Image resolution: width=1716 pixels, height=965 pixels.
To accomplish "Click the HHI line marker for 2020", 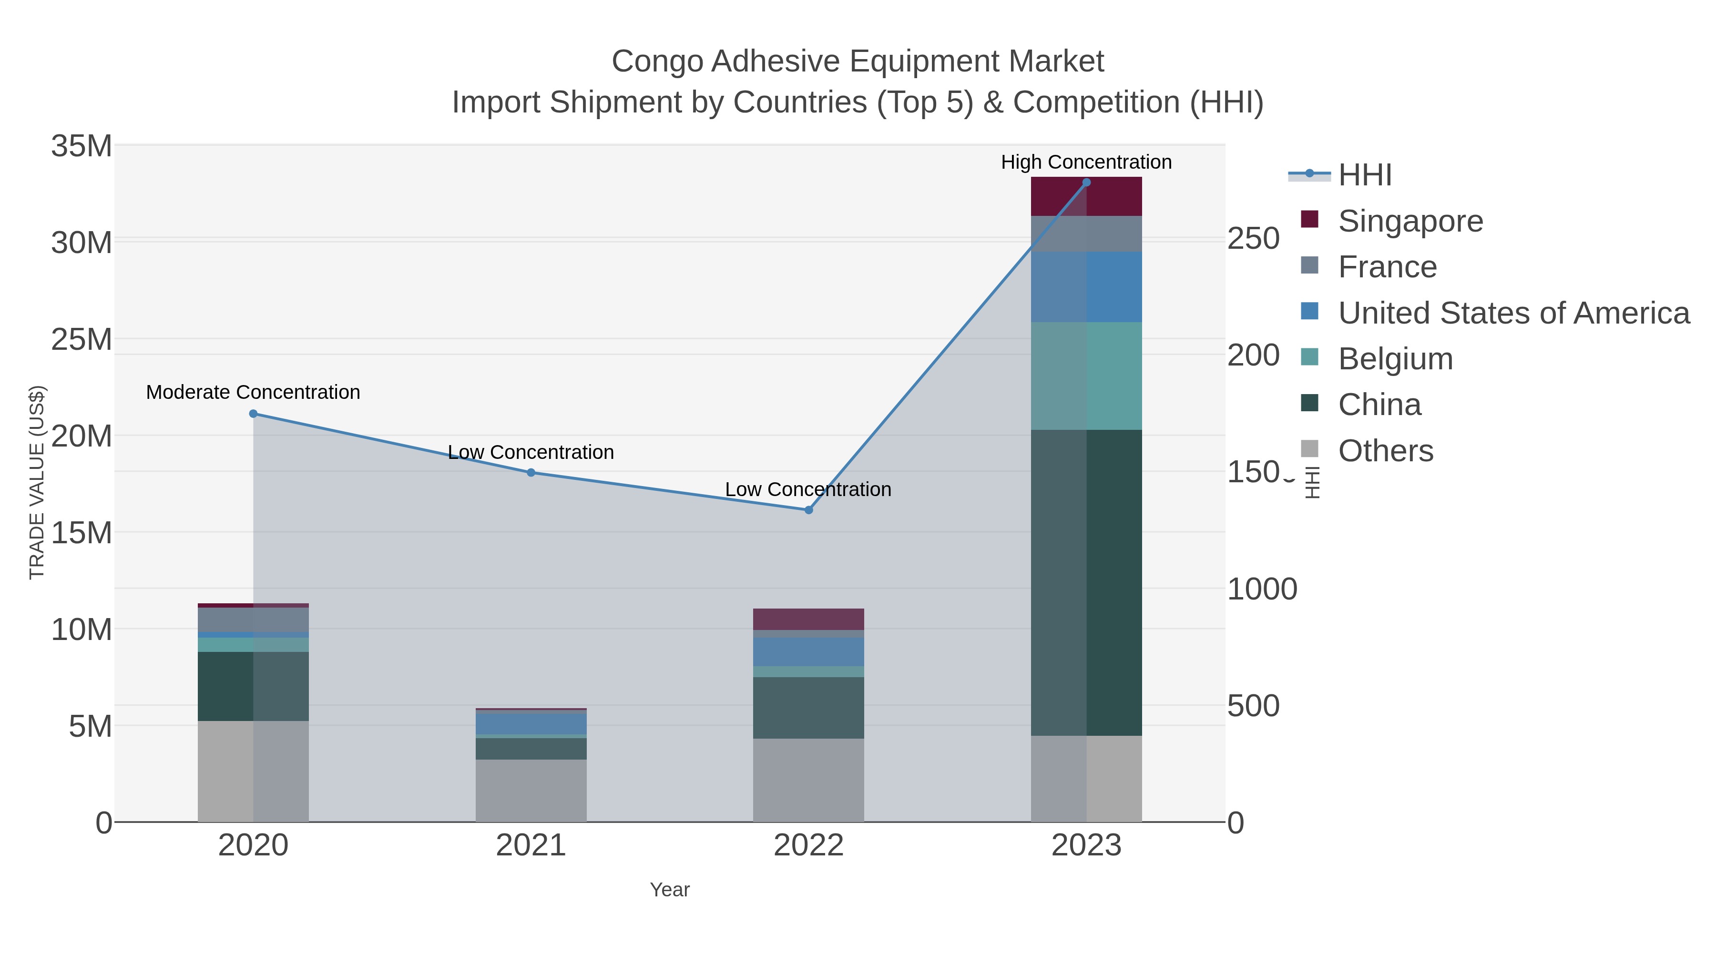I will click(x=253, y=414).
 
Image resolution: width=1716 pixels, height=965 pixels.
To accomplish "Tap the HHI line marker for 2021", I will click(x=531, y=473).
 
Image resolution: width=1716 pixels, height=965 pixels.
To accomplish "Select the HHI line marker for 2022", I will click(x=809, y=510).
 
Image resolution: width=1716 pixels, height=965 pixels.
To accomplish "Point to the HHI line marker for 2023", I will click(x=1086, y=183).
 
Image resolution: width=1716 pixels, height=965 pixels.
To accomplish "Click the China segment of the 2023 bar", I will click(x=1086, y=583).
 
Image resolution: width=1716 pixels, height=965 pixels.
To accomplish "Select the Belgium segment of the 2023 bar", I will click(x=1086, y=376).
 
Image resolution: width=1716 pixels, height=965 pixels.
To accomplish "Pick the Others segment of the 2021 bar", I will click(x=531, y=791).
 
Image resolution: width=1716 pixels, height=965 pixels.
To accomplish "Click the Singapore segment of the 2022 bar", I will click(x=809, y=620).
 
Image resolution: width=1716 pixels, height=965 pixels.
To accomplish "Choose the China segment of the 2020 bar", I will click(x=253, y=686).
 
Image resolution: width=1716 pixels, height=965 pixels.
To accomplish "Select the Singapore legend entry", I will click(x=1410, y=221).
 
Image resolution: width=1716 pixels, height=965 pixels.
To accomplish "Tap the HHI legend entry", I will click(x=1364, y=175).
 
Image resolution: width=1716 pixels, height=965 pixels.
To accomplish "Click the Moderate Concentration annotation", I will click(x=253, y=392).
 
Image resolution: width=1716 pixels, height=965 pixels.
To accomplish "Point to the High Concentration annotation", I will click(x=1086, y=163).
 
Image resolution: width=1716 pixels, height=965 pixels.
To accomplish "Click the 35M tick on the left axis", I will click(x=81, y=146).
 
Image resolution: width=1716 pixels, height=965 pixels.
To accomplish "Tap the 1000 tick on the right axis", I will click(x=1262, y=589).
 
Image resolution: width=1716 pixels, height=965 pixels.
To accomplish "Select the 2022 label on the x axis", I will click(x=809, y=846).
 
